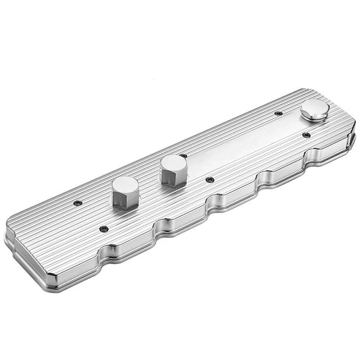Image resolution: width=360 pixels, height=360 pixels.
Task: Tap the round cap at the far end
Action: pyautogui.click(x=315, y=109)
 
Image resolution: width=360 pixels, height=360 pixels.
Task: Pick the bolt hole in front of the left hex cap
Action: pyautogui.click(x=103, y=229)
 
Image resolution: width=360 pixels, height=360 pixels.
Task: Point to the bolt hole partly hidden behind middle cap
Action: pyautogui.click(x=183, y=156)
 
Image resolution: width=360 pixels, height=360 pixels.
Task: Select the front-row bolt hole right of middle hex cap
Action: pyautogui.click(x=209, y=180)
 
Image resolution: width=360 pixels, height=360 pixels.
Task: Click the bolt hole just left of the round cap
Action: pyautogui.click(x=278, y=113)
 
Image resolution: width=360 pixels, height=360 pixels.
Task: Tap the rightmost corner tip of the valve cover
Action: pyautogui.click(x=354, y=140)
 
